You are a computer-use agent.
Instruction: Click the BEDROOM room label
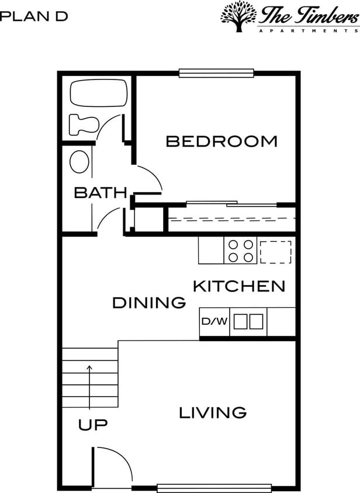[221, 141]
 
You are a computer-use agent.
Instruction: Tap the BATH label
[100, 193]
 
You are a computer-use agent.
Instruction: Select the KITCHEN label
[239, 286]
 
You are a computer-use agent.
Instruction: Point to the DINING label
[149, 303]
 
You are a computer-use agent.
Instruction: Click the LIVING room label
[212, 413]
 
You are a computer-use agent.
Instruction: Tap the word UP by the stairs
[93, 425]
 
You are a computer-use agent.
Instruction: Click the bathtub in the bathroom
[98, 93]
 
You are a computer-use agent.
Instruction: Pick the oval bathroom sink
[79, 162]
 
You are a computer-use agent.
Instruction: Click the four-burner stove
[241, 251]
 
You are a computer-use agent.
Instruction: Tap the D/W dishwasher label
[214, 322]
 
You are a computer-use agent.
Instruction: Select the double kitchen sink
[249, 322]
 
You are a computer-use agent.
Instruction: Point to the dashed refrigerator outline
[275, 251]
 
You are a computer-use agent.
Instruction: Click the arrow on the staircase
[89, 386]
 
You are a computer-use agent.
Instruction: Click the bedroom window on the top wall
[216, 73]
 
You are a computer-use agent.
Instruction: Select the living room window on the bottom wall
[214, 488]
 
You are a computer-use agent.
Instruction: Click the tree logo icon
[238, 16]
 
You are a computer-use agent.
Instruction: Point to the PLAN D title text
[33, 16]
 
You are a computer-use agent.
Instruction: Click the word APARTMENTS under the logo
[308, 30]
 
